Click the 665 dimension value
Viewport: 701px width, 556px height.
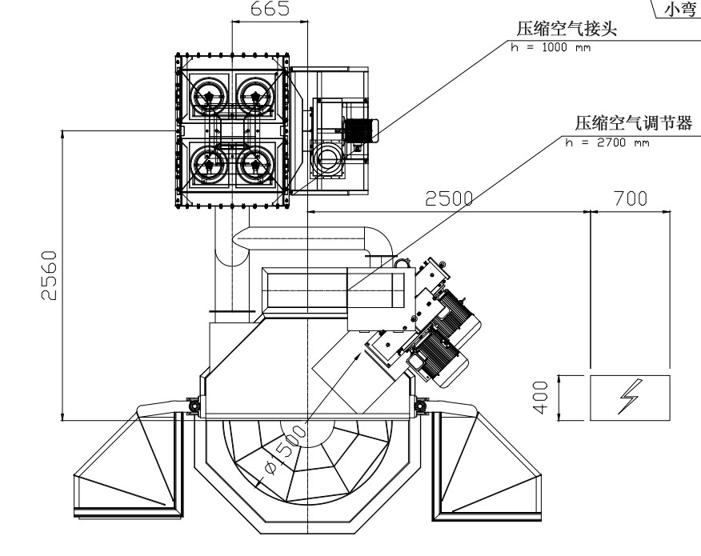pyautogui.click(x=269, y=9)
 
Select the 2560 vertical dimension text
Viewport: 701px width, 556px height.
pyautogui.click(x=50, y=276)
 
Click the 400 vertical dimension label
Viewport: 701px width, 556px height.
pyautogui.click(x=542, y=397)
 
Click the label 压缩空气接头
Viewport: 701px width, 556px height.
pyautogui.click(x=569, y=30)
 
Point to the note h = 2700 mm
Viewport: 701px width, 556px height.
pyautogui.click(x=607, y=143)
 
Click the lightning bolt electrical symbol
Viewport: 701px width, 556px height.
pyautogui.click(x=629, y=397)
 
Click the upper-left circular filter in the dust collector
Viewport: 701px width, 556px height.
pyautogui.click(x=209, y=96)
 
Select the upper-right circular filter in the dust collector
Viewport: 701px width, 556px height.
pyautogui.click(x=256, y=96)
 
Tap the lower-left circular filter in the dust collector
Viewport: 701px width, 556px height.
pyautogui.click(x=209, y=164)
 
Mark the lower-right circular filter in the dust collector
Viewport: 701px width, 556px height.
pyautogui.click(x=256, y=164)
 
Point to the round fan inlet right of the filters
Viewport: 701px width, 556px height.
pyautogui.click(x=326, y=157)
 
